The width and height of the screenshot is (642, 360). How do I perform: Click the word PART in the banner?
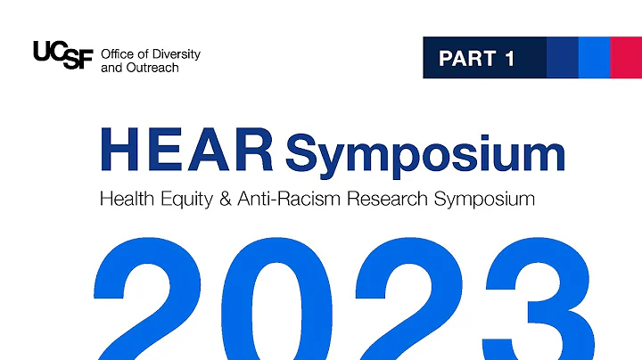[467, 59]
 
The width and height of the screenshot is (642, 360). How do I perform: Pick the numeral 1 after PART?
[509, 59]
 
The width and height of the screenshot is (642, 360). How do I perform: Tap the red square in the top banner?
[626, 57]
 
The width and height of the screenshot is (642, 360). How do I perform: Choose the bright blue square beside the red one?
[594, 57]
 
